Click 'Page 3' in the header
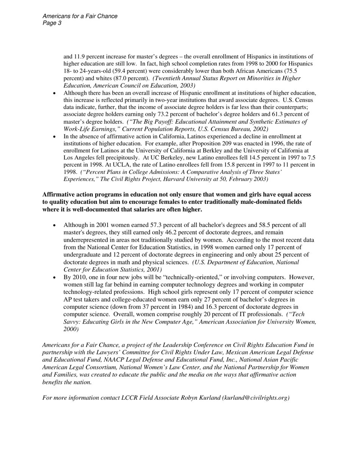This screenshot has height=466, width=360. [x=52, y=23]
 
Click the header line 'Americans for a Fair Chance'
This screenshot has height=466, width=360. [x=80, y=16]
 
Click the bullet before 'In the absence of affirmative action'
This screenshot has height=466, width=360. [x=55, y=137]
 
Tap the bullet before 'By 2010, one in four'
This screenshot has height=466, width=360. [x=55, y=278]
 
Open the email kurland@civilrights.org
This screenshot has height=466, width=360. [x=256, y=398]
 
